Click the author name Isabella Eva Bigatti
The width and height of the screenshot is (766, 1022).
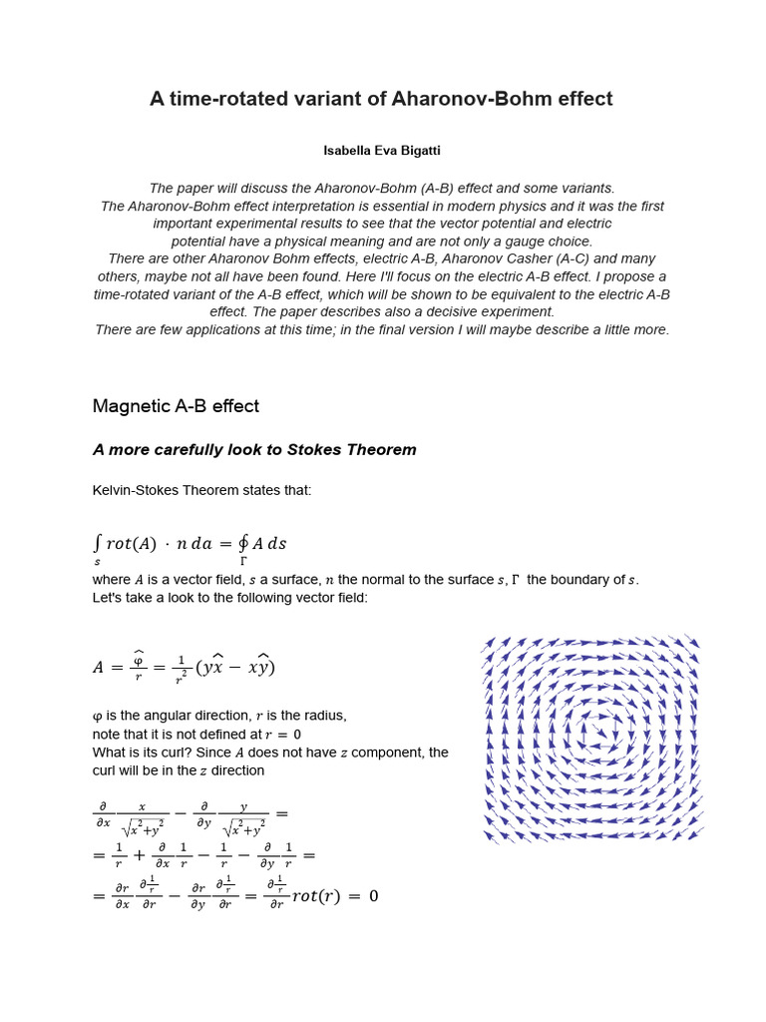(x=382, y=151)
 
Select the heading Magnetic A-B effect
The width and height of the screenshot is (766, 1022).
(x=176, y=406)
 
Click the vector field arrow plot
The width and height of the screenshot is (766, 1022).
(x=591, y=739)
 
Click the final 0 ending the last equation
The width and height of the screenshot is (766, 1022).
(x=373, y=896)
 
